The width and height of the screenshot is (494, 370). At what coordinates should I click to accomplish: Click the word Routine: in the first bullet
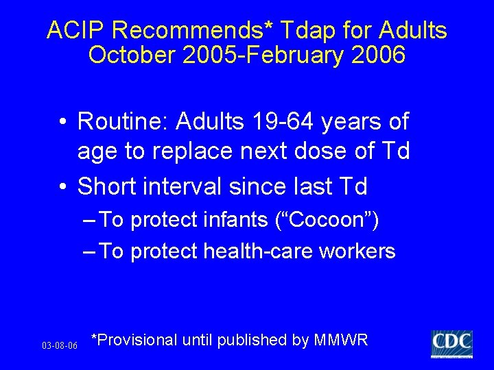tap(123, 122)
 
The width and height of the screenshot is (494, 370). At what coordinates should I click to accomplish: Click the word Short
tap(107, 186)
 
